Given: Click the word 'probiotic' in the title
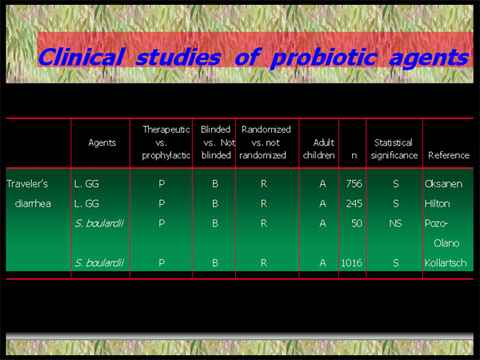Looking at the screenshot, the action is [x=323, y=58].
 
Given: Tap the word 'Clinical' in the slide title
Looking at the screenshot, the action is [x=81, y=58].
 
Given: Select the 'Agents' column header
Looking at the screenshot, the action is [x=102, y=142].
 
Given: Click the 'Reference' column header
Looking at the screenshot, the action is [x=449, y=155].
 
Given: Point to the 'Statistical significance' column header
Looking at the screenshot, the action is [x=394, y=149].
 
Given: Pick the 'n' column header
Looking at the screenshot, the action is [x=354, y=156].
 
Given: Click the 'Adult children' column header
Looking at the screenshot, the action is [x=318, y=149].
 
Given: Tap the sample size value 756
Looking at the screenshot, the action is [x=354, y=184].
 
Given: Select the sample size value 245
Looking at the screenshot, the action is [x=354, y=203].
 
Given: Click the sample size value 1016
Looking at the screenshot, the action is [x=351, y=263].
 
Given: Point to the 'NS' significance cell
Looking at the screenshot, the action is [x=395, y=223].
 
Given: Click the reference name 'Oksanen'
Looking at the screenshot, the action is [x=443, y=184].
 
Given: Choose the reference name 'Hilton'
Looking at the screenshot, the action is [x=437, y=203].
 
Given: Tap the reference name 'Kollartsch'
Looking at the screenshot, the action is [x=446, y=263].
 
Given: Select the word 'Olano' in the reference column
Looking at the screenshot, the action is [x=446, y=243].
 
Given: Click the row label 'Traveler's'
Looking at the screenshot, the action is [x=27, y=184].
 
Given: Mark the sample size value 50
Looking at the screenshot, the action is [x=357, y=223].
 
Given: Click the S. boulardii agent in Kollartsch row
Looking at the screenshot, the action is [x=99, y=263].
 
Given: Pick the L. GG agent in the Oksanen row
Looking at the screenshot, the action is [x=86, y=184].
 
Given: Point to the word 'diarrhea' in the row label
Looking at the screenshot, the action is [x=33, y=203].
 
